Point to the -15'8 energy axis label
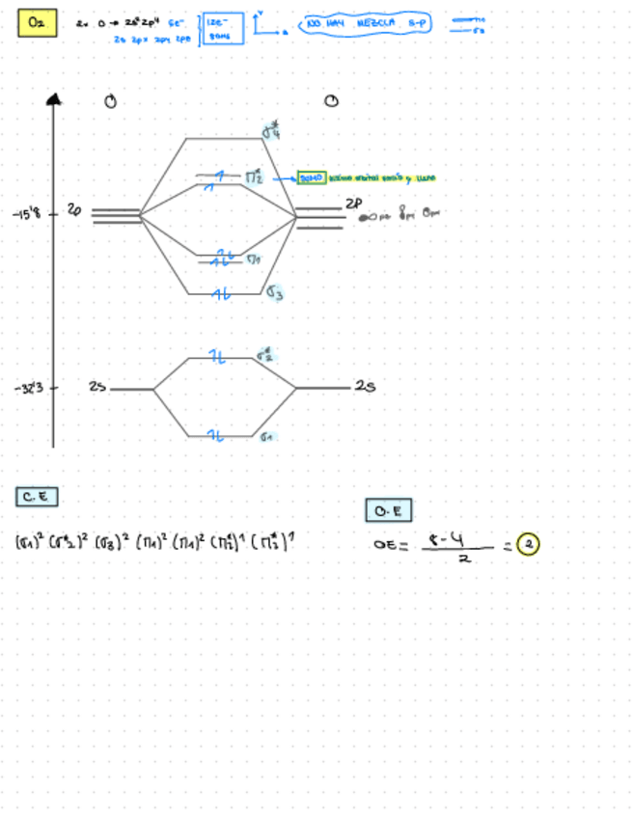[27, 213]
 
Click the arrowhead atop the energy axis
[53, 97]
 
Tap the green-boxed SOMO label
[313, 178]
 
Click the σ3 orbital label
[274, 292]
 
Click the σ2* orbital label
[265, 356]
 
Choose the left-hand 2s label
[96, 388]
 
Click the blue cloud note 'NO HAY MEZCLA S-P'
[366, 22]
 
